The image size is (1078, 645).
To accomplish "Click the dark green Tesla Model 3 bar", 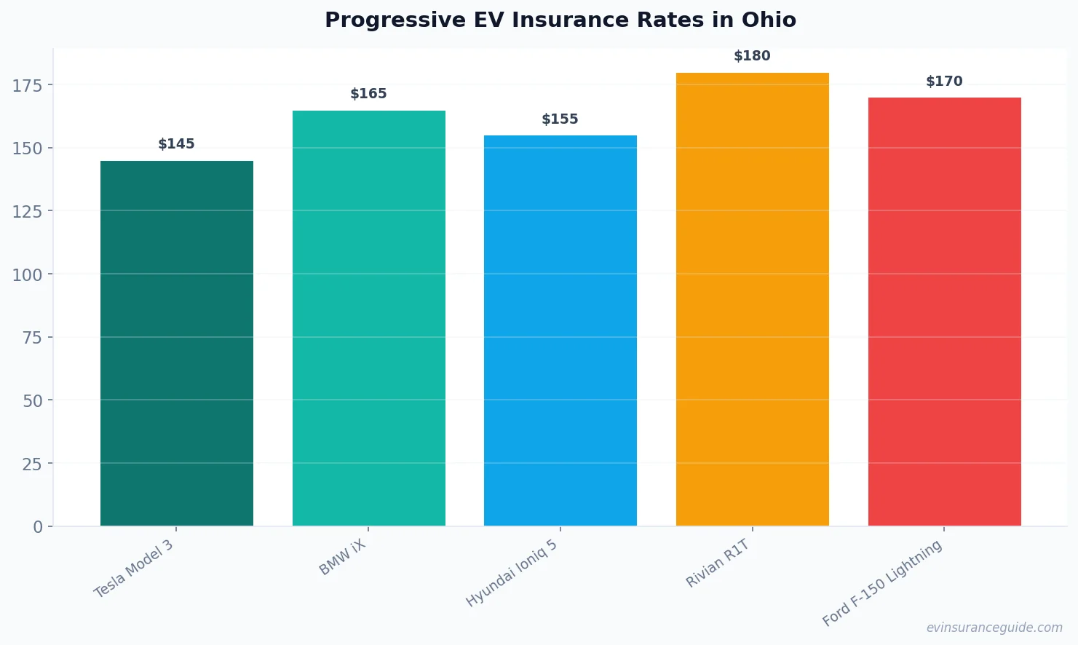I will (x=177, y=343).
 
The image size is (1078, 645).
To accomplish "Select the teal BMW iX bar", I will (x=368, y=318).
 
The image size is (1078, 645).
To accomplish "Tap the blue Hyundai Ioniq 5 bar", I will (x=560, y=331).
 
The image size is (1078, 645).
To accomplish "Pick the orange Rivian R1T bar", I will (x=752, y=299).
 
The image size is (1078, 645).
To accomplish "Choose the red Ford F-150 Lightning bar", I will (x=944, y=312).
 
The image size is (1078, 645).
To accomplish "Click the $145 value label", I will (x=177, y=144).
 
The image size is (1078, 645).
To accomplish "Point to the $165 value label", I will (x=368, y=94).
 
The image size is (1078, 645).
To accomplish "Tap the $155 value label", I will (x=560, y=119).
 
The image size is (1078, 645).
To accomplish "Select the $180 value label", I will (x=752, y=56).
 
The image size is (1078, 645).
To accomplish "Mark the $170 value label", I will (x=944, y=82).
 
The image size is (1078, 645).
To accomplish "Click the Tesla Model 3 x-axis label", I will (x=134, y=569).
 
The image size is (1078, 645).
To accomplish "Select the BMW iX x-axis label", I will (x=342, y=558).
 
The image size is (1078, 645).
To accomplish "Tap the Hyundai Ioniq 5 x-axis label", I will (x=512, y=574).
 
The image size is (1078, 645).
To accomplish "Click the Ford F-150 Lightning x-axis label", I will (x=882, y=583).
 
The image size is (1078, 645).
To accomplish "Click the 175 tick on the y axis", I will (x=28, y=86).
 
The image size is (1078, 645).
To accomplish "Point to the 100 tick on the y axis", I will (x=28, y=275).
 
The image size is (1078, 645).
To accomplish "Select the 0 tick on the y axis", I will (x=38, y=527).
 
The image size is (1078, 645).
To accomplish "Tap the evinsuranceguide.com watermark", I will (x=994, y=628).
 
